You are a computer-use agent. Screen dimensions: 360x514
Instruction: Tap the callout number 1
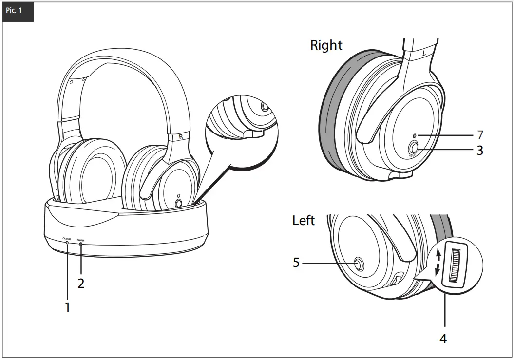(x=68, y=307)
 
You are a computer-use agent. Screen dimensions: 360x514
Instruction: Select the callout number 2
(x=81, y=283)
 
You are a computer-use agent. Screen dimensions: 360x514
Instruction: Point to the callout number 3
(x=479, y=151)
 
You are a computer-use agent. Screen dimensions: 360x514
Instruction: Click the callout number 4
(x=443, y=339)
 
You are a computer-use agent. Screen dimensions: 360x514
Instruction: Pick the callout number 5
(x=296, y=263)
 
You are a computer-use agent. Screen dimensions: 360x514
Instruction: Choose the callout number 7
(x=479, y=134)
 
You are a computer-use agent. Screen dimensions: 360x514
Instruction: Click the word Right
(x=326, y=45)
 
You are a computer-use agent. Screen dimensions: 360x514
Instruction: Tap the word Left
(x=304, y=221)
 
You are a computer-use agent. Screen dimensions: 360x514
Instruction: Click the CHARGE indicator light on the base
(x=67, y=242)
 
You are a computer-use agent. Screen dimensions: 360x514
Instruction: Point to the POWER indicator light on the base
(x=81, y=243)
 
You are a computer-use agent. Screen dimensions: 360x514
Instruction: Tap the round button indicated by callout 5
(x=360, y=264)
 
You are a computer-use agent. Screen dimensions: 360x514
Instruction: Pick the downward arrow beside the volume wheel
(x=438, y=268)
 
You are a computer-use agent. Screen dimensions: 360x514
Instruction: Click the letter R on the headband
(x=181, y=137)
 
